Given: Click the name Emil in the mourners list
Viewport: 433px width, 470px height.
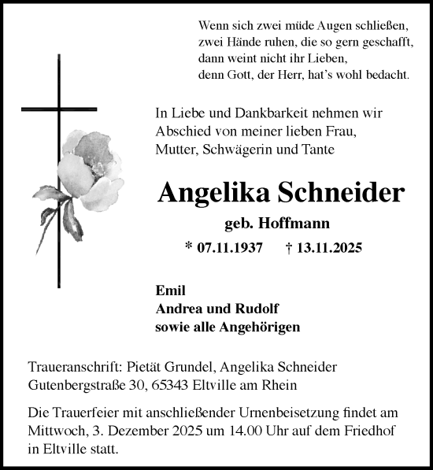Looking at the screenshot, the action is click(168, 289).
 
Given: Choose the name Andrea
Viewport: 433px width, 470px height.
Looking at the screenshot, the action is click(179, 308).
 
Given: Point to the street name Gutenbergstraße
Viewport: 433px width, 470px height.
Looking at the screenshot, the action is click(79, 385).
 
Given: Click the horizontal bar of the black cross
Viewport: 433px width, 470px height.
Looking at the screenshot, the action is click(59, 109).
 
